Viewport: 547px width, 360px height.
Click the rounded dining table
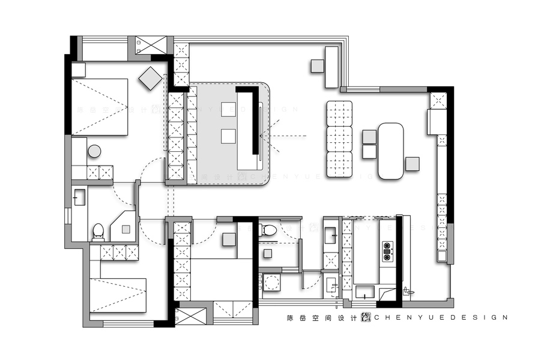pos(391,151)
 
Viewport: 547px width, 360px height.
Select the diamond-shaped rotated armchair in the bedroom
pos(150,78)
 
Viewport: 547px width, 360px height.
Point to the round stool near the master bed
pos(94,151)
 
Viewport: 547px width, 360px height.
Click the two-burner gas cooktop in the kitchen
pos(387,252)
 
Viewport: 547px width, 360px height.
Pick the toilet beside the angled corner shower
pos(98,230)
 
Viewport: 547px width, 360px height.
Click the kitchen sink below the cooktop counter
pos(365,293)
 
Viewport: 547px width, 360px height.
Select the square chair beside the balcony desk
pos(317,66)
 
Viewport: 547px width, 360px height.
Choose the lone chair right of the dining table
pos(412,163)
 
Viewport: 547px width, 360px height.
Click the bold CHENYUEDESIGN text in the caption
pos(441,317)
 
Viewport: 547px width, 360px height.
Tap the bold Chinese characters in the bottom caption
pos(322,317)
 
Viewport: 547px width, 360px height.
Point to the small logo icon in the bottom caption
pos(366,317)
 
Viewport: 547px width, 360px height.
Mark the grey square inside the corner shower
pos(125,229)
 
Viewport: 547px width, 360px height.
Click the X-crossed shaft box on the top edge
pos(146,45)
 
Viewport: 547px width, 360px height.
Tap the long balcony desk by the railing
pos(332,67)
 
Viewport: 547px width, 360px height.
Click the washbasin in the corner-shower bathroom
pos(79,197)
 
